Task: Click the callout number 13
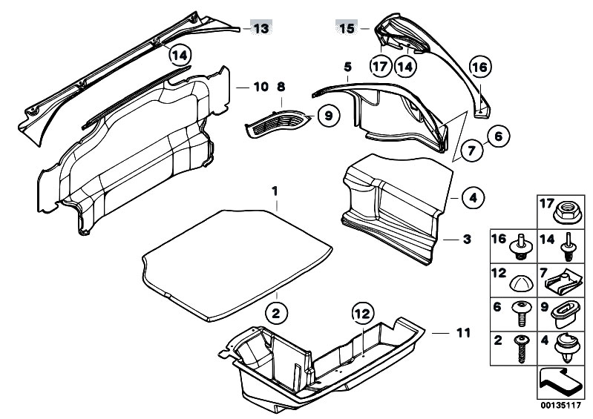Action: pos(261,29)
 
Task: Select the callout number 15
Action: pos(347,29)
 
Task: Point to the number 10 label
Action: pos(259,88)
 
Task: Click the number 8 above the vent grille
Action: pos(281,88)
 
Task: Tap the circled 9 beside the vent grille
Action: pos(327,115)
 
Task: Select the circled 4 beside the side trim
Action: pos(471,198)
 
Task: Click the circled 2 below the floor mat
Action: pos(276,314)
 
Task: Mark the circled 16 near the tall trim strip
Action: pos(480,67)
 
